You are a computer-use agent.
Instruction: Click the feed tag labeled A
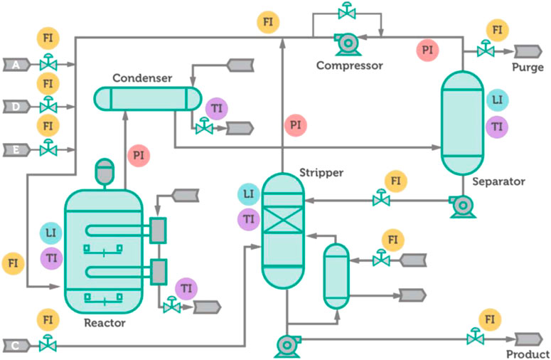(x=16, y=65)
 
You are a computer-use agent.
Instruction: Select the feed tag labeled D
(x=16, y=107)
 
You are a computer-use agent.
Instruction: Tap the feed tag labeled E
(x=16, y=150)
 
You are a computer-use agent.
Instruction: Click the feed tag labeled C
(x=16, y=346)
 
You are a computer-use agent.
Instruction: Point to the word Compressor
(x=350, y=65)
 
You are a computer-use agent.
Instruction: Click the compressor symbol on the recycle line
(x=348, y=44)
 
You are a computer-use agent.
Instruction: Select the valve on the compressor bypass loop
(x=347, y=11)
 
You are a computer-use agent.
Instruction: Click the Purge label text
(x=528, y=68)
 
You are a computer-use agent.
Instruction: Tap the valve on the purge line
(x=486, y=49)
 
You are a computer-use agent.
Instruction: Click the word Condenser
(x=142, y=78)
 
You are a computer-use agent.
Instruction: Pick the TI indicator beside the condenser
(x=216, y=109)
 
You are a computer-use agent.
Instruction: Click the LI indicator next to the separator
(x=497, y=100)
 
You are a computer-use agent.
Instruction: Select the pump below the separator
(x=463, y=206)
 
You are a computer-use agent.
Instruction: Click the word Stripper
(x=321, y=173)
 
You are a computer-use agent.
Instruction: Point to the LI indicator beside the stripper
(x=248, y=194)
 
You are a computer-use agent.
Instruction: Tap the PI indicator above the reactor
(x=139, y=155)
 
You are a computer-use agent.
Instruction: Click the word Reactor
(x=105, y=323)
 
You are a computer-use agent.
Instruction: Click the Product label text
(x=528, y=354)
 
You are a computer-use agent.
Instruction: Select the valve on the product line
(x=476, y=337)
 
